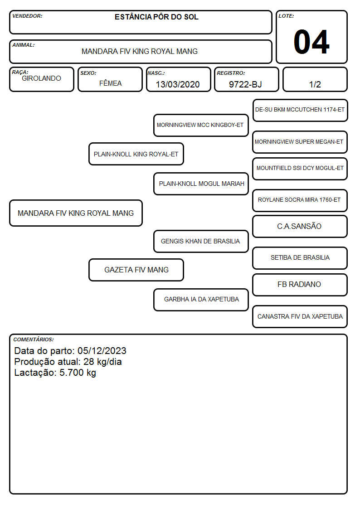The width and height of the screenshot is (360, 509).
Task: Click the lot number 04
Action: [x=311, y=42]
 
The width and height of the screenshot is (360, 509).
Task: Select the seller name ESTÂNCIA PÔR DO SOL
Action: [x=156, y=17]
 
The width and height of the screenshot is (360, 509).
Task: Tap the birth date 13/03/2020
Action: [x=178, y=84]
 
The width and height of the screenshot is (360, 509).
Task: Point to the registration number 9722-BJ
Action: [x=245, y=84]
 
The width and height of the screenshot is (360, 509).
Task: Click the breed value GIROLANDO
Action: [x=41, y=78]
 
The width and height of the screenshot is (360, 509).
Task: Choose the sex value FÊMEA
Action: [x=110, y=83]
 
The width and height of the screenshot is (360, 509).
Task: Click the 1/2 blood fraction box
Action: [x=315, y=79]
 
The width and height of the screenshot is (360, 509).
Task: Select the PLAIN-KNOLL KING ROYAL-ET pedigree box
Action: [x=136, y=154]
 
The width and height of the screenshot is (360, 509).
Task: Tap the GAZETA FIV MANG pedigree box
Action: [x=136, y=270]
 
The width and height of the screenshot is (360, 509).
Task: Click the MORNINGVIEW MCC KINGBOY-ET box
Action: [x=201, y=125]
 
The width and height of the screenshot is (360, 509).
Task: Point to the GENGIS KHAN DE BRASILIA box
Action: [x=201, y=241]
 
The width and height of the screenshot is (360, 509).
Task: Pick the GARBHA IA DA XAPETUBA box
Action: [x=201, y=300]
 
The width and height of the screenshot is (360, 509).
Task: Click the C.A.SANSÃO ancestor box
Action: [x=300, y=226]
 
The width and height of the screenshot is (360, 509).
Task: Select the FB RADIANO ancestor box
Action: [x=300, y=285]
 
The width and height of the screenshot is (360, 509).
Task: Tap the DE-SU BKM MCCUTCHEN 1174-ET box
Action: [x=300, y=111]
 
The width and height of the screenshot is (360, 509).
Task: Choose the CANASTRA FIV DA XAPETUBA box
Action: [x=300, y=316]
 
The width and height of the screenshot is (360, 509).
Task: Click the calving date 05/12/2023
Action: [x=102, y=350]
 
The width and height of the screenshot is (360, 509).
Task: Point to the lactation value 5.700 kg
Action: [x=78, y=373]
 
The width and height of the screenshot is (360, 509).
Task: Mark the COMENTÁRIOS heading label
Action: [x=34, y=339]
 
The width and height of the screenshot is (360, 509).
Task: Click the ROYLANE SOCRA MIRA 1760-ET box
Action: [x=300, y=200]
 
